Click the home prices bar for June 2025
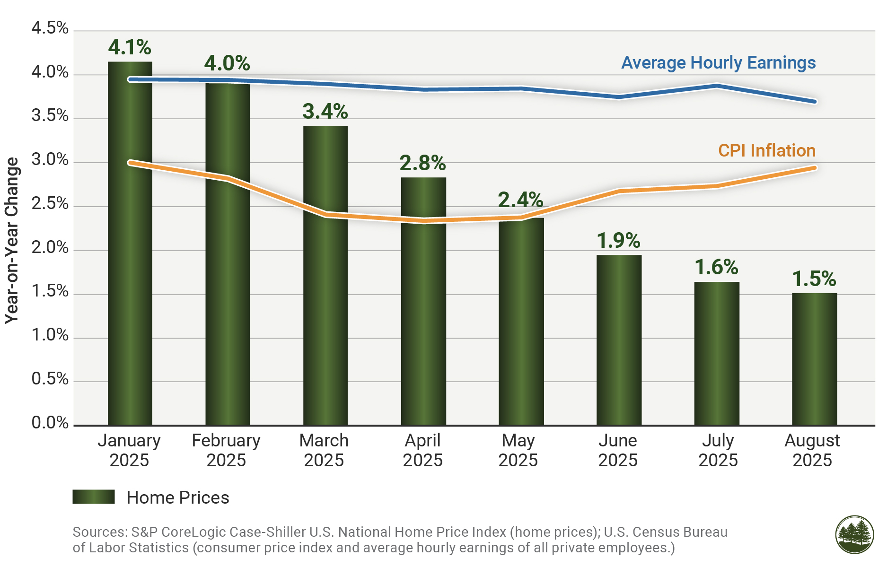pos(619,340)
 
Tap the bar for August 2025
pos(814,359)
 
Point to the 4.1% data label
pos(130,47)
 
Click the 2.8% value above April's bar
pos(422,163)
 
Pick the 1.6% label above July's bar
pos(716,268)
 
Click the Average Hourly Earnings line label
pos(718,63)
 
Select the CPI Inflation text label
pos(766,151)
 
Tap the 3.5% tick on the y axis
pos(50,116)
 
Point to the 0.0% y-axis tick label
pos(50,423)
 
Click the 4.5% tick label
pos(50,28)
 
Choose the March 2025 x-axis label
pos(324,450)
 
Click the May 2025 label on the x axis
pos(518,450)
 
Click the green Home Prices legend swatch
pos(94,497)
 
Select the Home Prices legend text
pos(178,498)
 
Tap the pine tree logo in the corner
pos(854,535)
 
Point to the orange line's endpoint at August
pos(815,168)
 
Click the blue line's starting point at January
pos(130,79)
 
